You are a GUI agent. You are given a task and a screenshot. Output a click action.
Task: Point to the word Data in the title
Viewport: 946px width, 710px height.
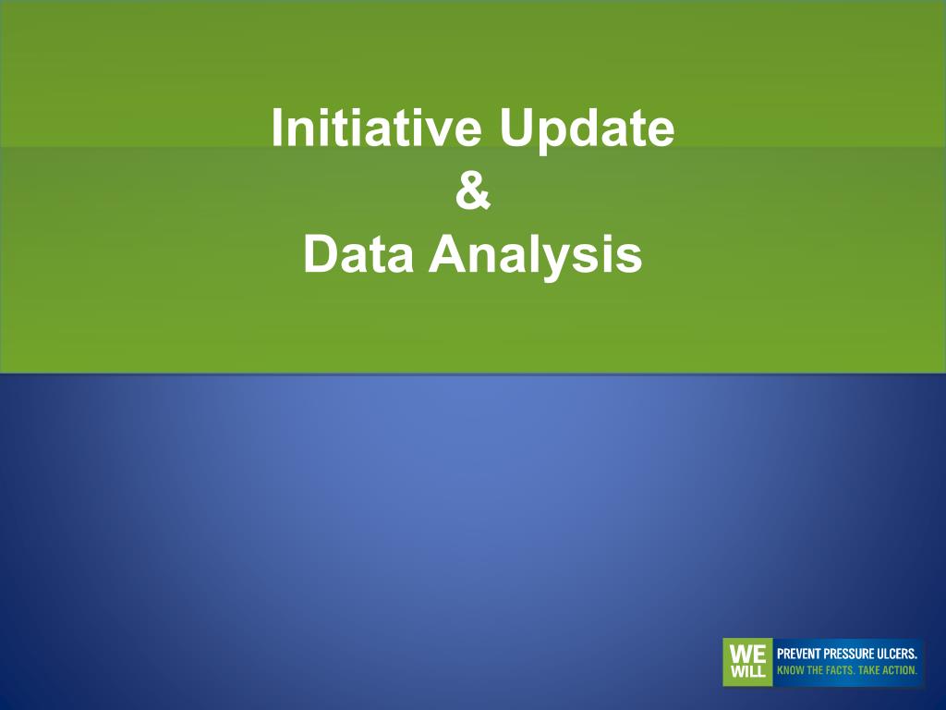[358, 253]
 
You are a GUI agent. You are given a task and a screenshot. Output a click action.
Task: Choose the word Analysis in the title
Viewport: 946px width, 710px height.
[535, 257]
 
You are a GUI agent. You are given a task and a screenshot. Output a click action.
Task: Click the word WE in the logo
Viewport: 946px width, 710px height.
[746, 654]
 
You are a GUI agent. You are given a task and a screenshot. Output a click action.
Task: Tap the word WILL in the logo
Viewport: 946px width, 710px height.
[746, 671]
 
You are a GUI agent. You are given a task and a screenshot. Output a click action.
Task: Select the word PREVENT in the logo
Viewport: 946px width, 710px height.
[795, 654]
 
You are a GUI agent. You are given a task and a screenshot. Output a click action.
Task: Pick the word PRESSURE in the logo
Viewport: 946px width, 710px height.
[843, 654]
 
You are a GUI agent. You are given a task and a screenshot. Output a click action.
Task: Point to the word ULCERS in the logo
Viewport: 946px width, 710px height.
[894, 654]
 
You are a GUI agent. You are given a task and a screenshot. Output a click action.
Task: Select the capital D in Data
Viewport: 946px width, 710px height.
[321, 253]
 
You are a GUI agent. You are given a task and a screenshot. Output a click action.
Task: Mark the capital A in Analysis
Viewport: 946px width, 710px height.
[447, 253]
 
